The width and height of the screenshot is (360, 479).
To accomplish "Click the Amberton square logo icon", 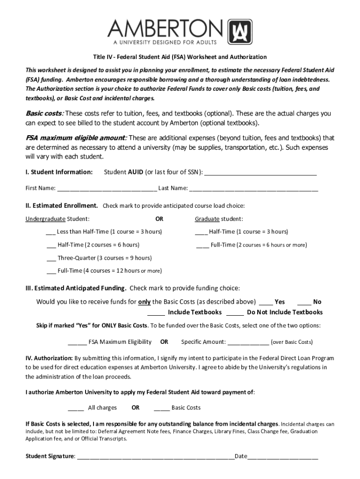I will [x=240, y=31].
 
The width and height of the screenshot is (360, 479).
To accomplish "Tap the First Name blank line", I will [x=107, y=189].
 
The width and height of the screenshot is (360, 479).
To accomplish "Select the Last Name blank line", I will [x=254, y=189].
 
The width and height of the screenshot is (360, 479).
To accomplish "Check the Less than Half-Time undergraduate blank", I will [x=50, y=232].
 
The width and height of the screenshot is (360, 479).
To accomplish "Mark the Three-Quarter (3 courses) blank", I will [x=51, y=259].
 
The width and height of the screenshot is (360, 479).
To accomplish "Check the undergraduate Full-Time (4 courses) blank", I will [x=51, y=271].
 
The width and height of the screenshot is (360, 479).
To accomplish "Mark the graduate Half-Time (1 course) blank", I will [x=201, y=232].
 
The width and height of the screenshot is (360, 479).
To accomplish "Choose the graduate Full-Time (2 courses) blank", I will [x=203, y=246].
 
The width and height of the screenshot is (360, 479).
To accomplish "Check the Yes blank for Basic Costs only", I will [x=266, y=303].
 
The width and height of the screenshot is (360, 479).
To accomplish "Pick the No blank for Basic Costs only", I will [x=304, y=303].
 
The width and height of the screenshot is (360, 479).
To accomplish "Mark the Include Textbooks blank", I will [x=156, y=313].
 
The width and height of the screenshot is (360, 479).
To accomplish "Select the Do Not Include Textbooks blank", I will [x=235, y=313].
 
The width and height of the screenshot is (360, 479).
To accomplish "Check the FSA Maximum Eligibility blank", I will [x=77, y=343].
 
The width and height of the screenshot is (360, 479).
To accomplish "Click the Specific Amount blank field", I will [x=248, y=343].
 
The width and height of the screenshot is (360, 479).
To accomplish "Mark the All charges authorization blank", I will [x=76, y=408].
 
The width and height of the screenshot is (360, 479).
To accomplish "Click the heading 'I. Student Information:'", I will [x=59, y=172].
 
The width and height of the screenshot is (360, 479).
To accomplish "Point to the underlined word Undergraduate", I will [x=45, y=219].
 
